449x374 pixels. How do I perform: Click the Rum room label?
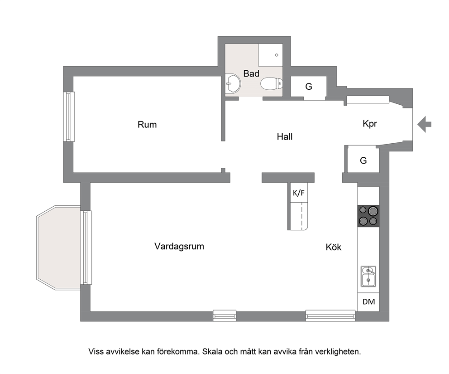point(147,125)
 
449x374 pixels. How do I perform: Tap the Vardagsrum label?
point(179,246)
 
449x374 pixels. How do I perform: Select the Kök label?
point(334,247)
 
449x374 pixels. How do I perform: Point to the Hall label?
point(285,136)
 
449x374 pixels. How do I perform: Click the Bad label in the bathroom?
point(251,73)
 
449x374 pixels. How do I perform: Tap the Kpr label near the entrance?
point(370,124)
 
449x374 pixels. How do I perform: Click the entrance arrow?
point(425,124)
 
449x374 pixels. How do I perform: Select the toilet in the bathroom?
point(272,83)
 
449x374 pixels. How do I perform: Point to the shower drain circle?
point(277,55)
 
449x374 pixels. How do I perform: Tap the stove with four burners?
point(368,216)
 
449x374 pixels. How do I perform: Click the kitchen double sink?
point(368,276)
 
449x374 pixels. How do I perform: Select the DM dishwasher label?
point(368,302)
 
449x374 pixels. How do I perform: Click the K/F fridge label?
point(298,193)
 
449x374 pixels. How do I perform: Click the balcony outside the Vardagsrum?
point(59,248)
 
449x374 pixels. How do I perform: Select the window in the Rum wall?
point(69,117)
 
